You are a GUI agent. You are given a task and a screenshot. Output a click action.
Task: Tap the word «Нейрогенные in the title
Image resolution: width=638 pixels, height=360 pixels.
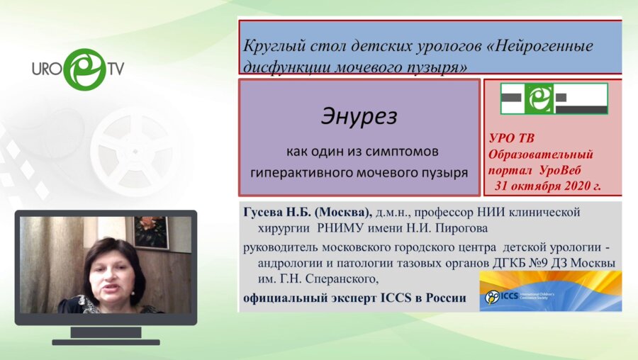[x=539, y=46]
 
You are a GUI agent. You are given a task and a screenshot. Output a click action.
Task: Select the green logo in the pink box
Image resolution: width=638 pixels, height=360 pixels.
[x=554, y=99]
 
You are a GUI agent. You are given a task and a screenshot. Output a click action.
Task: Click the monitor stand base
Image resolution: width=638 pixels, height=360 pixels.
[x=107, y=341]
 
